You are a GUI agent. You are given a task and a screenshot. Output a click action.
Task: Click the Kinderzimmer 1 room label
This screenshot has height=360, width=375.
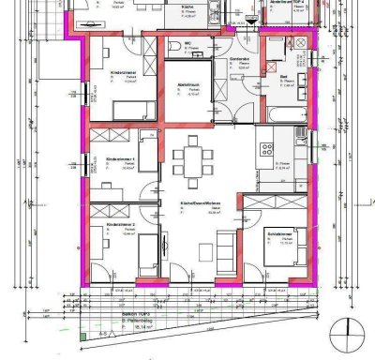[x=121, y=159]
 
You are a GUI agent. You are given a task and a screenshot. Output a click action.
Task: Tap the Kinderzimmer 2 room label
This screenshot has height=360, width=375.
[x=121, y=226]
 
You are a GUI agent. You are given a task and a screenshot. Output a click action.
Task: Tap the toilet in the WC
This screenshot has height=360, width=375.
[x=176, y=49]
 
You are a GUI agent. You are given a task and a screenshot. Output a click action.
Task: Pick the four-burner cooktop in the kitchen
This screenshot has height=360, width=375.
[x=264, y=149]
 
